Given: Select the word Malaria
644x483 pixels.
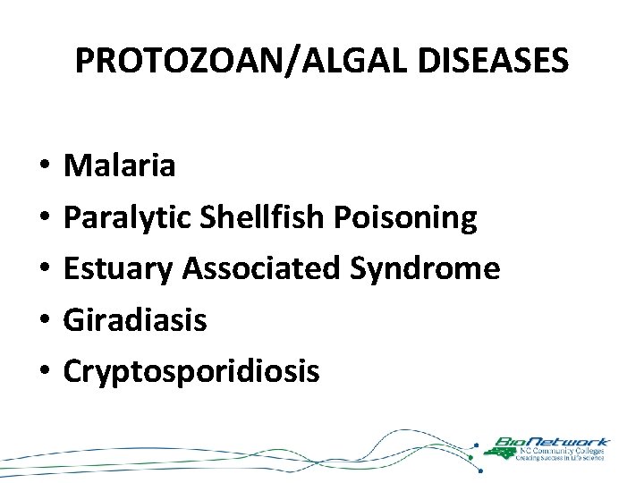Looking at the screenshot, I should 120,165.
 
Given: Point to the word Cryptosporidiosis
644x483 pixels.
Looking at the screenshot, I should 191,370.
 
